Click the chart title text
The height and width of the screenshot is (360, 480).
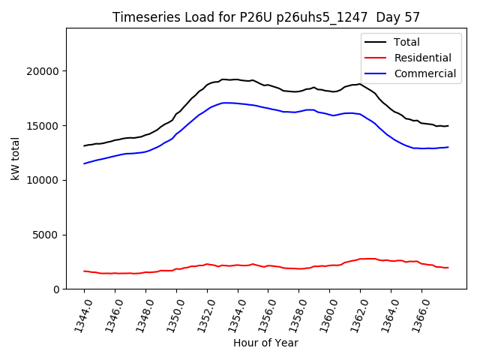(266, 17)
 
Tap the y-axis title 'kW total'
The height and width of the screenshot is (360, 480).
(15, 158)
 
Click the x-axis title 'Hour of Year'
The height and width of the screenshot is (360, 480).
(265, 343)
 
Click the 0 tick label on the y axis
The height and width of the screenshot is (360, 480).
(57, 289)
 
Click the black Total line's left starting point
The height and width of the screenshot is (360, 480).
(84, 145)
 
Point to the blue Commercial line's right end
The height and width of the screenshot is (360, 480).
(448, 147)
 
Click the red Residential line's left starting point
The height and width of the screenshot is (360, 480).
(84, 271)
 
